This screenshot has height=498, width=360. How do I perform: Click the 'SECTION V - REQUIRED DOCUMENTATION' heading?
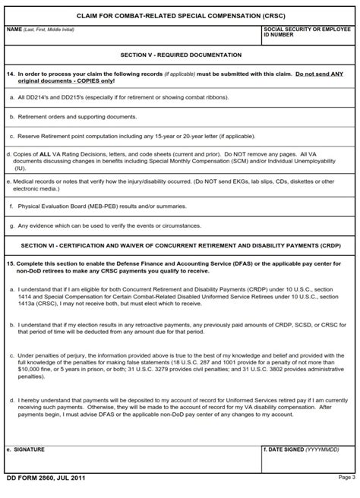point(181,55)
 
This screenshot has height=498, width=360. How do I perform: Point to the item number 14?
point(10,74)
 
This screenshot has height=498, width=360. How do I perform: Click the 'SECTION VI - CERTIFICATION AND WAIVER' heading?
point(181,246)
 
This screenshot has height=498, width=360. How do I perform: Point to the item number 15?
point(10,263)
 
